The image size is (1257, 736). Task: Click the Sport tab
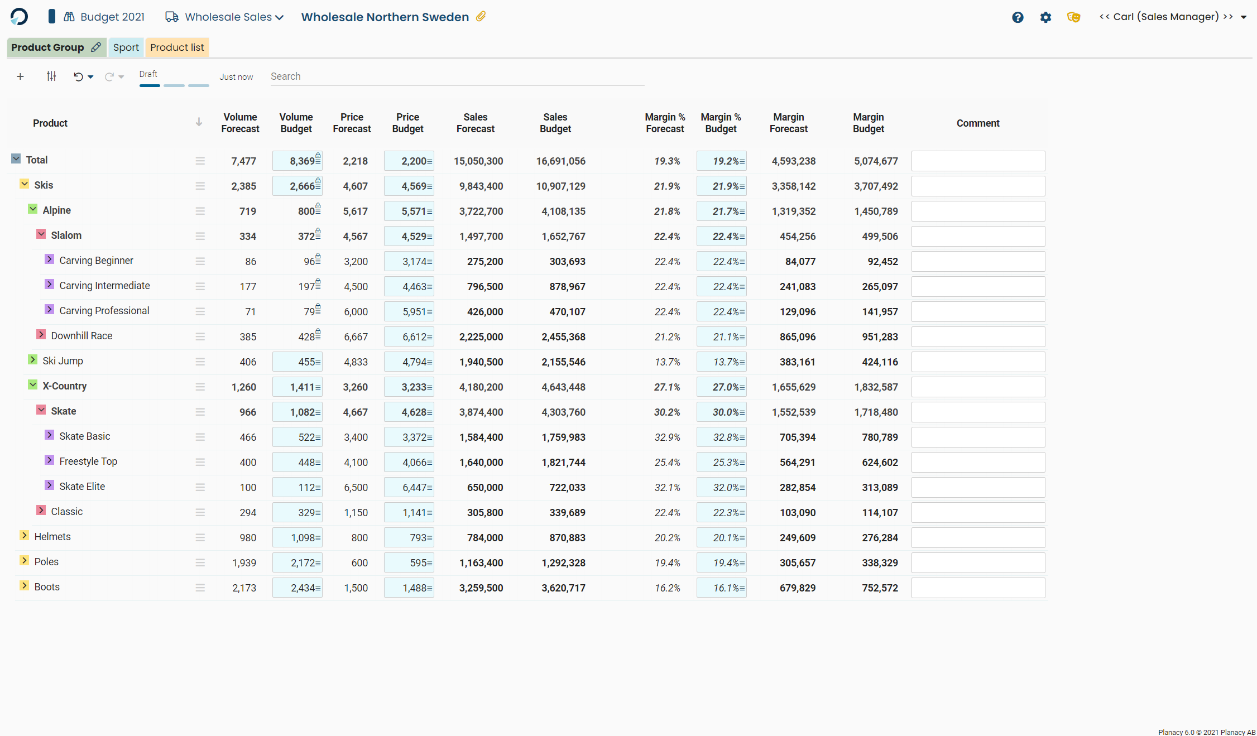click(x=126, y=47)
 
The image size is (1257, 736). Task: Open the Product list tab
click(x=177, y=47)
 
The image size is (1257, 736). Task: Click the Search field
click(x=457, y=76)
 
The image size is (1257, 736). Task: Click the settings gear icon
click(x=1045, y=17)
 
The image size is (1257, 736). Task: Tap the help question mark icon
click(x=1018, y=17)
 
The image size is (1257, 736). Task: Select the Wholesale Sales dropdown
click(x=224, y=17)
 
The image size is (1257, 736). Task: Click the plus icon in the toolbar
click(x=20, y=76)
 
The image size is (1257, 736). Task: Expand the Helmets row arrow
click(x=25, y=536)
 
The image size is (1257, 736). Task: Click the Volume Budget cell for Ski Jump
click(x=298, y=362)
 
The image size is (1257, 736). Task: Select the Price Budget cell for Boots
click(x=409, y=588)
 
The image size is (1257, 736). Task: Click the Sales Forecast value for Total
click(x=478, y=161)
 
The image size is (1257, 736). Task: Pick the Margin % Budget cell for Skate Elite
click(x=722, y=487)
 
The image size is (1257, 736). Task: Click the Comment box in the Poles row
click(x=978, y=562)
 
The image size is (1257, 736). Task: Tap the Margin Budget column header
click(x=868, y=123)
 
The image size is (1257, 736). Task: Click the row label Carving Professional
click(x=104, y=311)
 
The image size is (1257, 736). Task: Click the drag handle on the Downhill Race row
click(x=200, y=336)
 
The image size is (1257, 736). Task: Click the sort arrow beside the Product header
click(x=199, y=122)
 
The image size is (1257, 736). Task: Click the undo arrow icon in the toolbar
click(x=78, y=77)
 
